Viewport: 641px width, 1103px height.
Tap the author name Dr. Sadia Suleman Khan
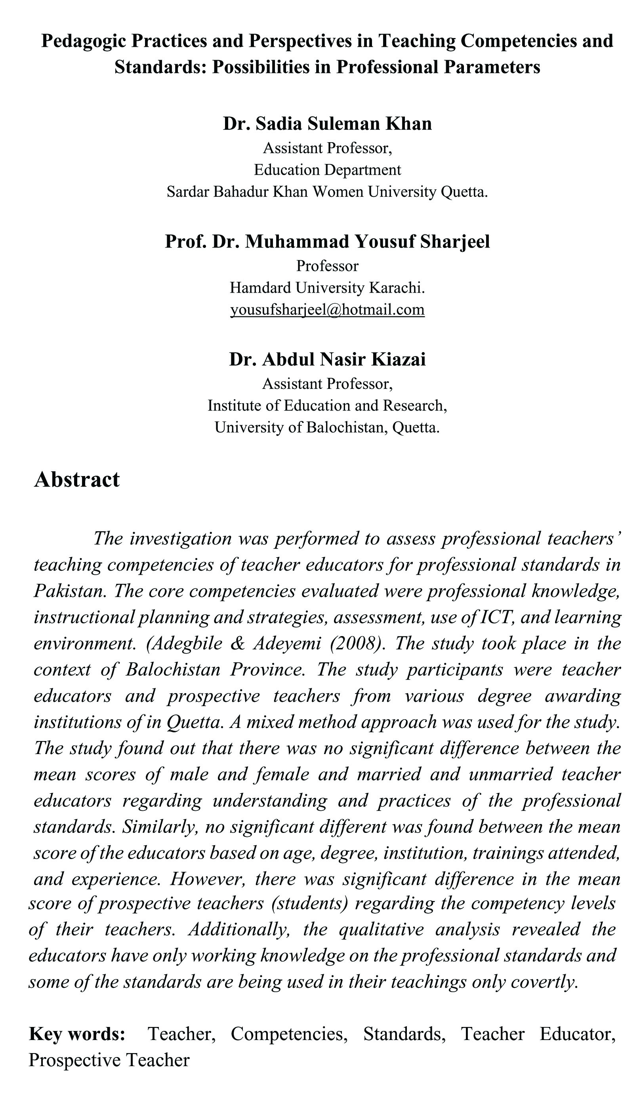(x=327, y=124)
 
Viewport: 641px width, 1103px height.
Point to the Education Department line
(x=327, y=170)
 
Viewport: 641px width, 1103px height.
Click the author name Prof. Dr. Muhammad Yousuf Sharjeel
(x=327, y=242)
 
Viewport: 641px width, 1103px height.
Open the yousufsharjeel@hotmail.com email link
(x=327, y=309)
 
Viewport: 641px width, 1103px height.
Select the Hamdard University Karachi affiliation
(x=327, y=288)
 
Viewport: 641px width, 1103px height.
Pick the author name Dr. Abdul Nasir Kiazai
(x=327, y=359)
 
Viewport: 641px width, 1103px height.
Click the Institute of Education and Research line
(x=327, y=406)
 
